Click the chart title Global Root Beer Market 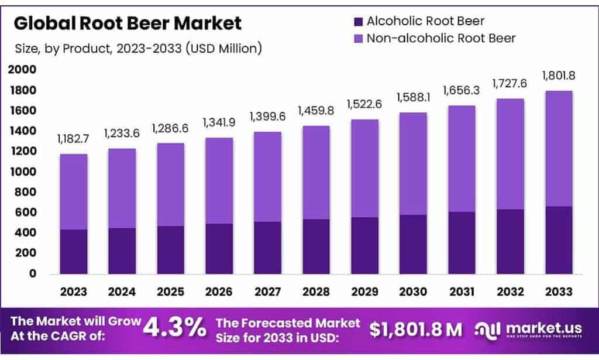coord(127,23)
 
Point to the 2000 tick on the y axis coord(22,70)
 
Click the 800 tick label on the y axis coord(26,193)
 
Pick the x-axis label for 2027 coord(267,291)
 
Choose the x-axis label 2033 coord(558,291)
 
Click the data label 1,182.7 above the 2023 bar coord(74,139)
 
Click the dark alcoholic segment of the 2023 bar coord(73,252)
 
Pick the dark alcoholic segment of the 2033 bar coord(558,240)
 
